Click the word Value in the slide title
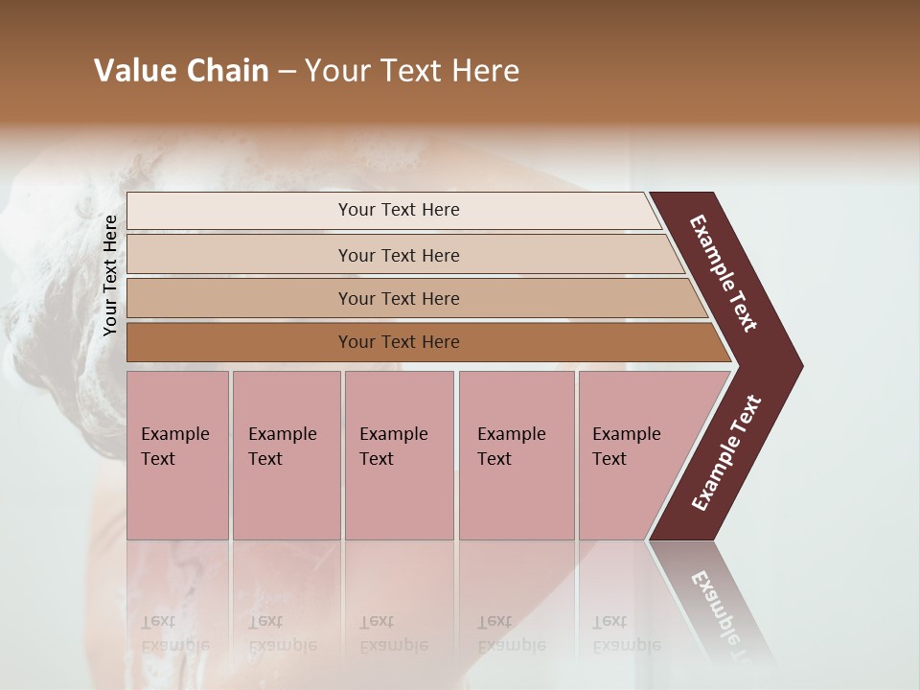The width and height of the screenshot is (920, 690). [x=132, y=71]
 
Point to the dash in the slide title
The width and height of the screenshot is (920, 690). [x=287, y=72]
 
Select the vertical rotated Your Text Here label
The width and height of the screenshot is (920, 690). [x=110, y=276]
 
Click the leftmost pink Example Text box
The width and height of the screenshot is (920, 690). [x=177, y=455]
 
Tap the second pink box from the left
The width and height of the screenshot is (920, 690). [x=286, y=455]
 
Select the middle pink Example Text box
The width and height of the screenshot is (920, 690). [x=399, y=455]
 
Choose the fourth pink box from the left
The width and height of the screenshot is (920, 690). [x=516, y=455]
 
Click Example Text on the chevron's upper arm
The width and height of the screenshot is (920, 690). [x=724, y=273]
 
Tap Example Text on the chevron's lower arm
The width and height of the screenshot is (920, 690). [x=726, y=452]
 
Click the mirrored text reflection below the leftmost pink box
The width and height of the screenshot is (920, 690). [x=174, y=633]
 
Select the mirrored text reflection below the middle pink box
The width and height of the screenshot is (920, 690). [x=394, y=633]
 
